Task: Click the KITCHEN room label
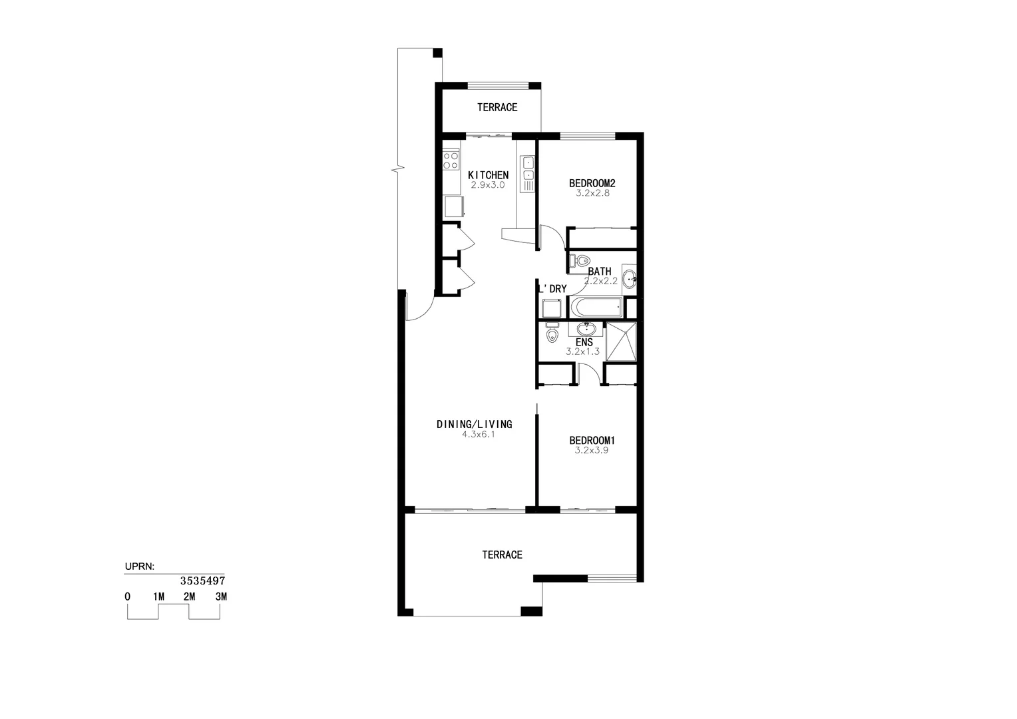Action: pos(488,175)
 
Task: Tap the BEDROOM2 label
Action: pos(592,183)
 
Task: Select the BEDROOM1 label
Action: pos(592,440)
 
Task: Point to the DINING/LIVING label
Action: pos(474,424)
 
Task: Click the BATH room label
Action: pos(599,272)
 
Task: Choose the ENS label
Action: pos(584,342)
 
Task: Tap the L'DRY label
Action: pos(552,289)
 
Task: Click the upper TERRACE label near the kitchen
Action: pos(497,107)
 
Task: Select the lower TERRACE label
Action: pos(502,555)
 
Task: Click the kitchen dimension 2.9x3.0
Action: pos(488,185)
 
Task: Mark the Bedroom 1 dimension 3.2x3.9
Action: pos(592,450)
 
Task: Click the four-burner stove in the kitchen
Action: pos(451,160)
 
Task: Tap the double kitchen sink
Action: pos(528,169)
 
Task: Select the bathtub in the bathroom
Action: pos(596,308)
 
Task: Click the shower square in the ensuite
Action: pos(621,342)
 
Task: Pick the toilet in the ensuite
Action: pos(551,334)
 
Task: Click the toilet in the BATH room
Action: pos(582,261)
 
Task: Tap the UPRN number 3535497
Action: pos(203,581)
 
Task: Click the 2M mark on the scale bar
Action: pos(190,597)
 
